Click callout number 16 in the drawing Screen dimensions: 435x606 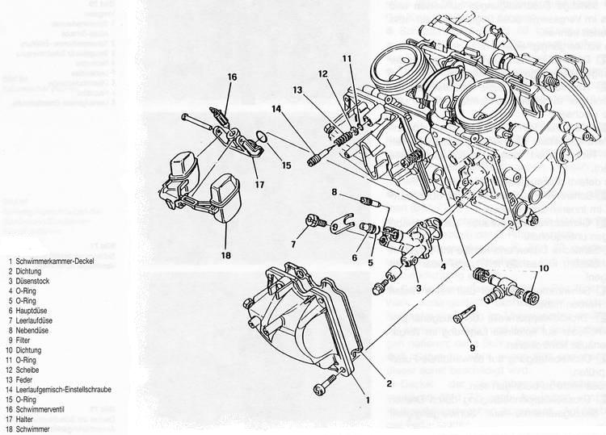click(231, 77)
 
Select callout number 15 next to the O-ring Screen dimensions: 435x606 click(286, 166)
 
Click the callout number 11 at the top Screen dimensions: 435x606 click(347, 58)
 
